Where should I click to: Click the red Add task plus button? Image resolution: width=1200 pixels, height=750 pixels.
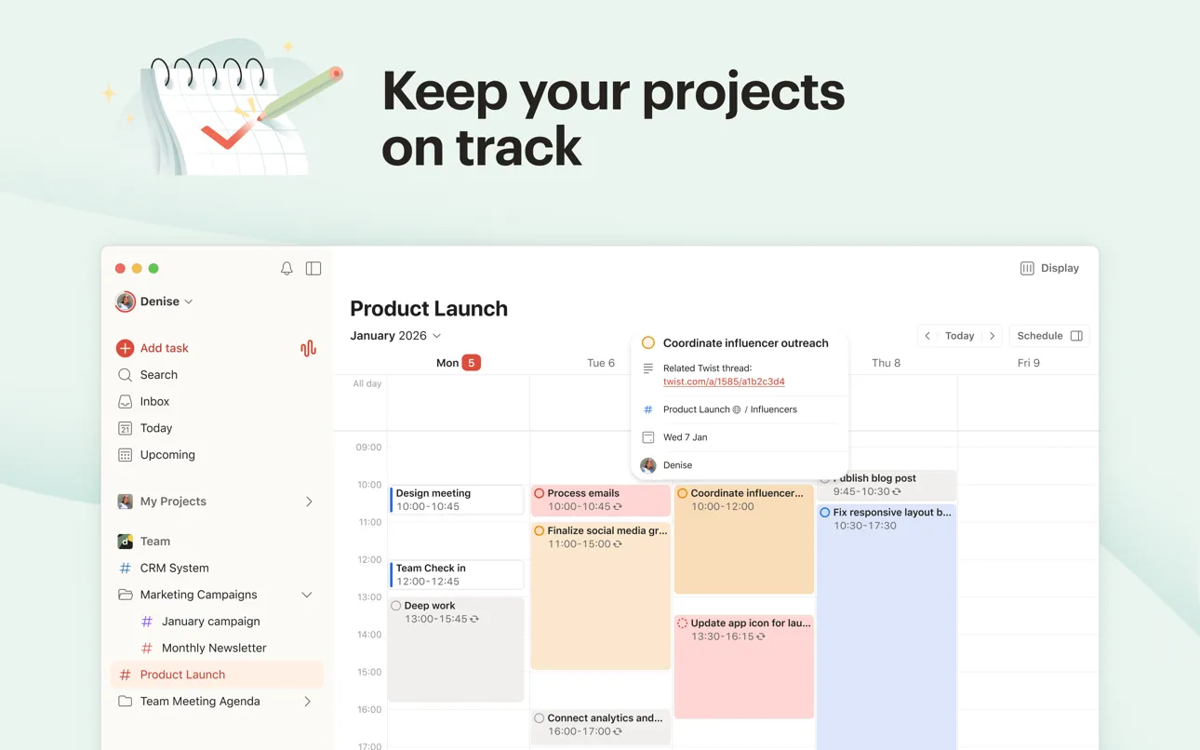click(125, 348)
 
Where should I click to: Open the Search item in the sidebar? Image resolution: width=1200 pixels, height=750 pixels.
click(158, 375)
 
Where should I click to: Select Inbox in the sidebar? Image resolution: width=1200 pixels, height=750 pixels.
click(154, 402)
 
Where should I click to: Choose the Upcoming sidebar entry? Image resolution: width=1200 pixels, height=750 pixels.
click(167, 455)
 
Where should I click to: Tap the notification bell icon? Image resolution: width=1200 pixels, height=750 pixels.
click(287, 269)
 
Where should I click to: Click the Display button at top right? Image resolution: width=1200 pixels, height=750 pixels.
click(1049, 268)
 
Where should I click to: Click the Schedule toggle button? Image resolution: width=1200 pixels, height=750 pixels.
click(1048, 336)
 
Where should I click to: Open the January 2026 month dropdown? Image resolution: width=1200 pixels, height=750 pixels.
click(395, 336)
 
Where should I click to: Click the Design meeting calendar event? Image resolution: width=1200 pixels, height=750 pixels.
click(457, 500)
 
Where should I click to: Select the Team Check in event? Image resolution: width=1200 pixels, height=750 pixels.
click(457, 574)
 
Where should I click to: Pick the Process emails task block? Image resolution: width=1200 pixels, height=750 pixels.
click(601, 500)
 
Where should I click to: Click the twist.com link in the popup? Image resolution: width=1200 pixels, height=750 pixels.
click(724, 382)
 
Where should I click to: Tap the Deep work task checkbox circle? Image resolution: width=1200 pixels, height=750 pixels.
click(396, 606)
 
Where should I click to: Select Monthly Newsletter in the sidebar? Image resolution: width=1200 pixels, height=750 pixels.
click(214, 648)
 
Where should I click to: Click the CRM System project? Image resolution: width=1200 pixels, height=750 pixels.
click(174, 568)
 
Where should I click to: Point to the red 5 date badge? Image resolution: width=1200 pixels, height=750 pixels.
click(472, 363)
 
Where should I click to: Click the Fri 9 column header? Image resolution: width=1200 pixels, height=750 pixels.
click(1028, 363)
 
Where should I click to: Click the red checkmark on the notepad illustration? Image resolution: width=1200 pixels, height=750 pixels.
click(224, 137)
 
